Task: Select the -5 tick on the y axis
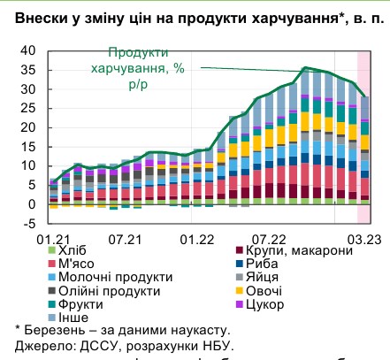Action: pyautogui.click(x=29, y=224)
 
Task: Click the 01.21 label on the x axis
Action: pyautogui.click(x=53, y=239)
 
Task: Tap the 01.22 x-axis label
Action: pyautogui.click(x=196, y=239)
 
